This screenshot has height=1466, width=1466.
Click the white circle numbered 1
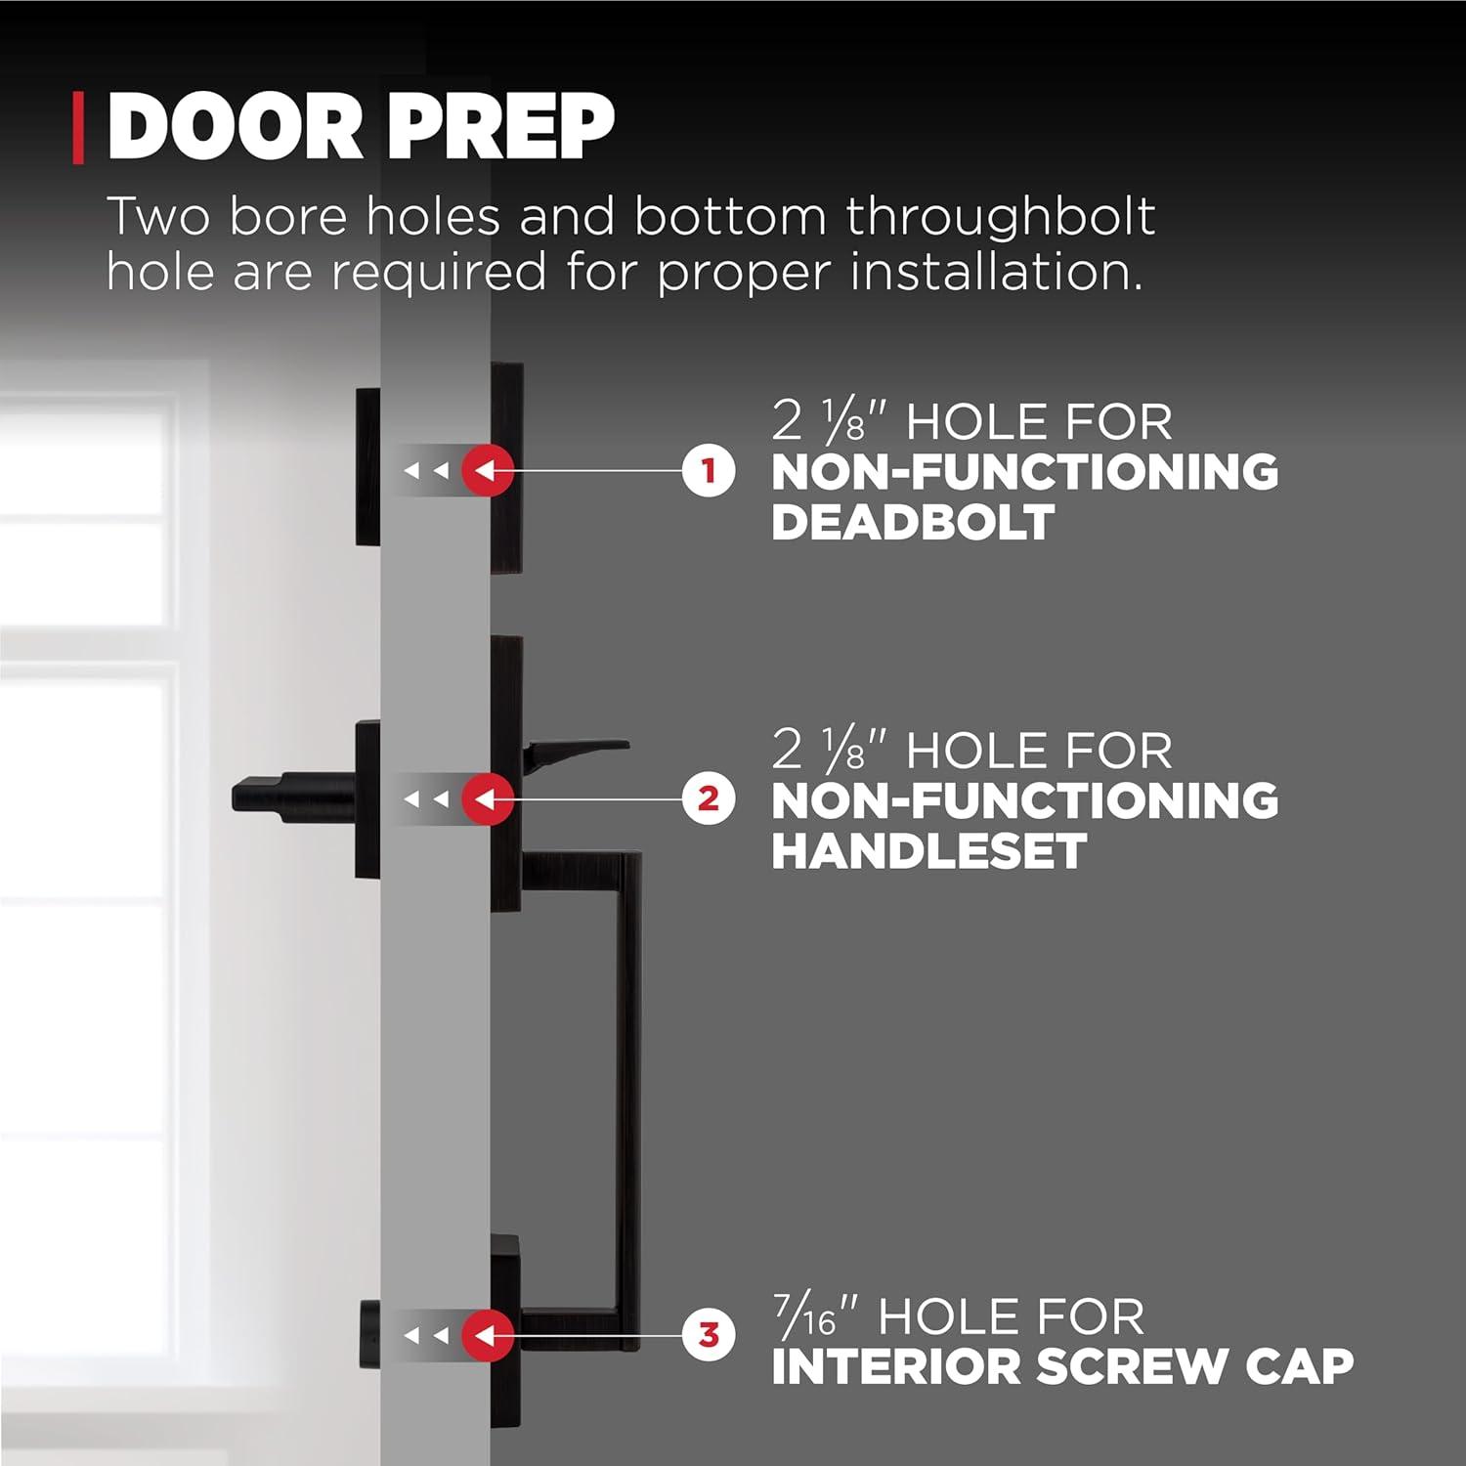pos(709,470)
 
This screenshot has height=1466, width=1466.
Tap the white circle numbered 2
pos(709,798)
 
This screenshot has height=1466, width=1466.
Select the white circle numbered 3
pos(709,1334)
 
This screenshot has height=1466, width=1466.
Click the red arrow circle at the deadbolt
pos(488,470)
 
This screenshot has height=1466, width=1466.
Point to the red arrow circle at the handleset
pos(488,798)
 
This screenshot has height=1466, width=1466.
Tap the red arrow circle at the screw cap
pos(488,1334)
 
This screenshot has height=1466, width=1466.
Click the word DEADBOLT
pos(913,522)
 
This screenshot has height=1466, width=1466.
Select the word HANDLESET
pos(928,850)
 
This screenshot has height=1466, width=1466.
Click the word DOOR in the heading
pos(236,128)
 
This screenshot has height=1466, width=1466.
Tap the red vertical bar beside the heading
pos(78,128)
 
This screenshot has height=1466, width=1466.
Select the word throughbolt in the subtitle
pos(1000,217)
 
